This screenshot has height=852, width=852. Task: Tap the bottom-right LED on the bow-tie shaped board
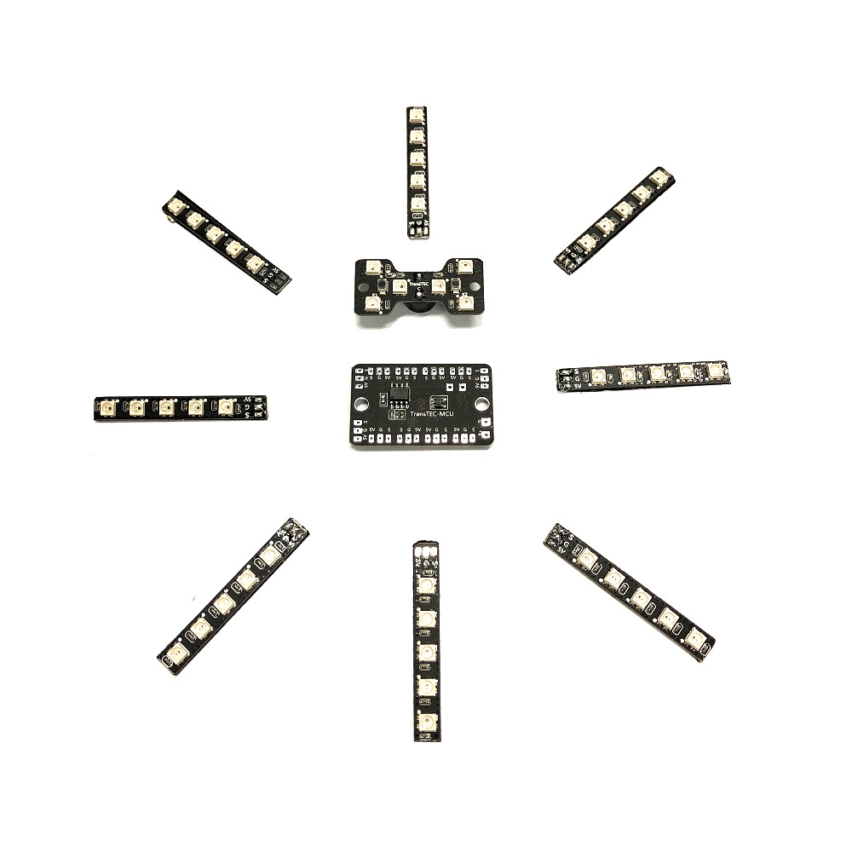[465, 302]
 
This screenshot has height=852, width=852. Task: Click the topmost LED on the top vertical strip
[416, 114]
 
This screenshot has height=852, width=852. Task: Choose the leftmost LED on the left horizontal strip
[108, 408]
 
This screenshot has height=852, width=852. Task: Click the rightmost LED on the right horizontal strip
[715, 371]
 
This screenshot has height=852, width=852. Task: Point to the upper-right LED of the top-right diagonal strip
[659, 178]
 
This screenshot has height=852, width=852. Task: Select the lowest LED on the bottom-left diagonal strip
[177, 653]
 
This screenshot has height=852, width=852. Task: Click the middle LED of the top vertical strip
[416, 158]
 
